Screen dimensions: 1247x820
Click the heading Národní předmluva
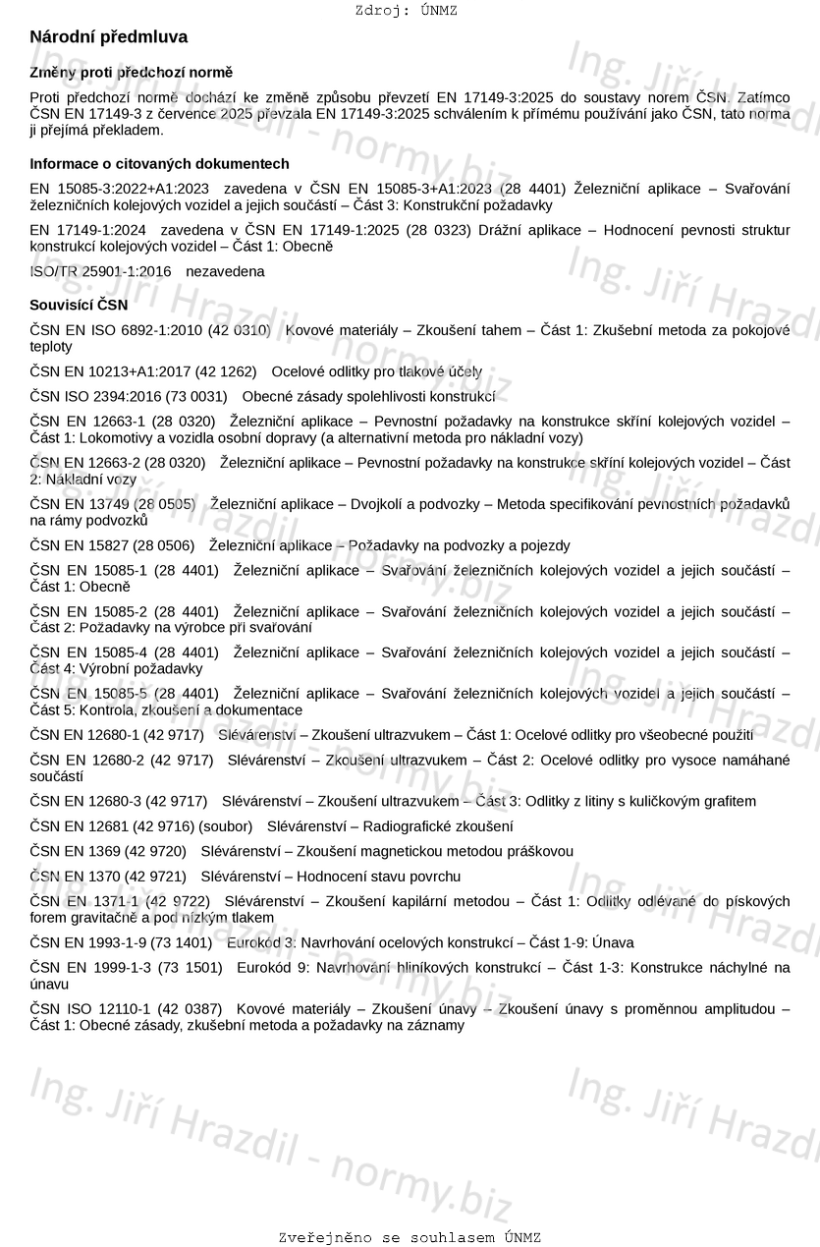click(108, 37)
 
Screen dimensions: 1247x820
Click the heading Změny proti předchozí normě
click(131, 73)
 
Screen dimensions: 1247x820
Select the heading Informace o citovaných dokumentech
click(159, 164)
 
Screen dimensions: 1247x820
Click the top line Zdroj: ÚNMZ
click(407, 11)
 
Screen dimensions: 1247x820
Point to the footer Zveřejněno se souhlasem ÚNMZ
click(410, 1238)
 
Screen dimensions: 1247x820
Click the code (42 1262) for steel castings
click(226, 372)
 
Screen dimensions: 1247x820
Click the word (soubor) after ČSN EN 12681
click(226, 827)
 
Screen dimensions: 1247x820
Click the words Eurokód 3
click(261, 943)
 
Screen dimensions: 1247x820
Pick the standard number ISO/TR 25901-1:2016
click(100, 271)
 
